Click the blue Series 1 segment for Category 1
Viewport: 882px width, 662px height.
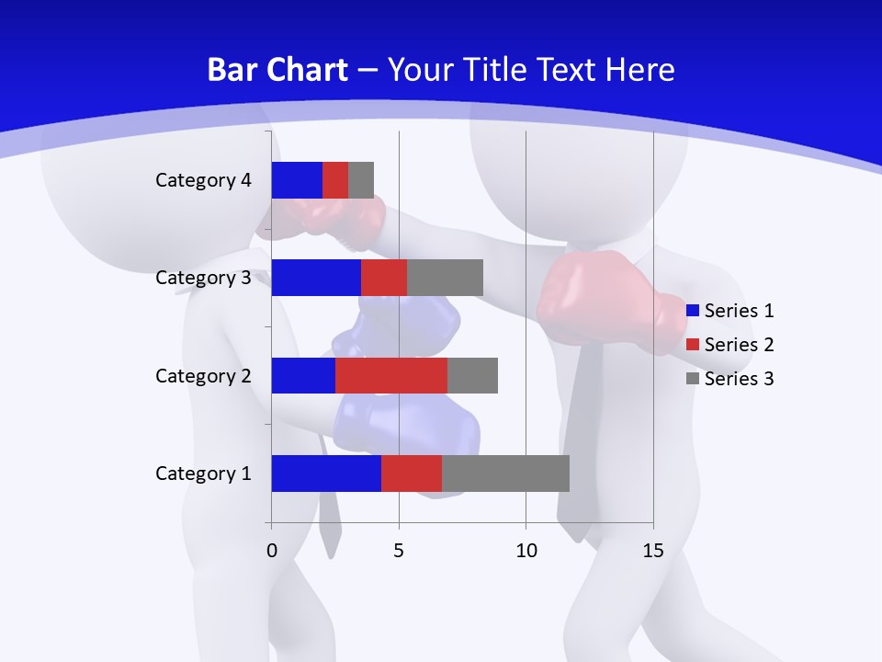click(326, 474)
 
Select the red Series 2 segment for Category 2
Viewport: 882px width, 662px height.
click(391, 375)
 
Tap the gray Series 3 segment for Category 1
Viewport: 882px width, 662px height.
click(505, 474)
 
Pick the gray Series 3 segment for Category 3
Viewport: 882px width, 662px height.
click(445, 278)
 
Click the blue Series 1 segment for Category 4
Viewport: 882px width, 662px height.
click(297, 180)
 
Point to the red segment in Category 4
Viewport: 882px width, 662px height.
click(335, 180)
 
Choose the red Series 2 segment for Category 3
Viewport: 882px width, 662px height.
click(384, 278)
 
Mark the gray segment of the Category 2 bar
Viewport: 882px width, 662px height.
click(472, 375)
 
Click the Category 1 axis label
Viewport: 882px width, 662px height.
click(203, 474)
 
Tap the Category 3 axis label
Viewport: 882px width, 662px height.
click(203, 278)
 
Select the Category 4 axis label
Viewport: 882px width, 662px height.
click(203, 180)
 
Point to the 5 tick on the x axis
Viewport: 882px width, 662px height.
click(399, 551)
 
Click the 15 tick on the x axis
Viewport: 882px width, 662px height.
click(653, 551)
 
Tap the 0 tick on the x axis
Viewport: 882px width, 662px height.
click(272, 551)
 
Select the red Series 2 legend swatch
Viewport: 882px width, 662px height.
click(693, 345)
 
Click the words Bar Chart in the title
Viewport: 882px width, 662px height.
click(277, 70)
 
